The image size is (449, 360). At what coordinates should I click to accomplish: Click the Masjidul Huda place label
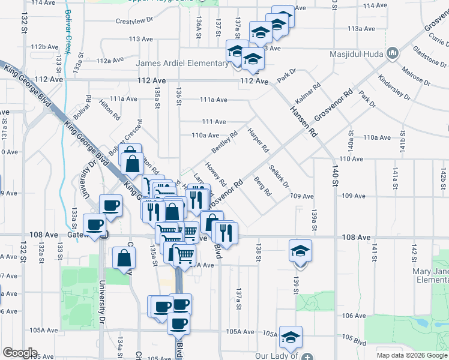pos(357,54)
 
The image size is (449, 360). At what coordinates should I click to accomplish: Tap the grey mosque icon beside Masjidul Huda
pos(393,54)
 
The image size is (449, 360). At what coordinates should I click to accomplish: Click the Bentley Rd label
pos(224,142)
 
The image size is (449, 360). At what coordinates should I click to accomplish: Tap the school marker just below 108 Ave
pos(300,251)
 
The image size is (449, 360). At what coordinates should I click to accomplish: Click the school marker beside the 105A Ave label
pos(291,337)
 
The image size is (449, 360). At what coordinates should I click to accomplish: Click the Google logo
pos(19,353)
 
